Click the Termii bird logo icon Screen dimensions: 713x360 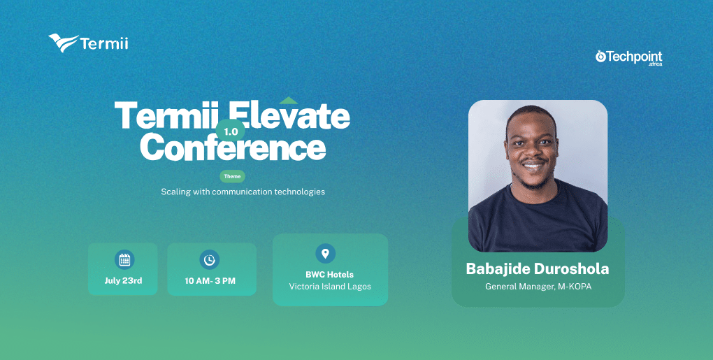(x=63, y=43)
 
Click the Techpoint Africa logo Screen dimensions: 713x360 (x=628, y=58)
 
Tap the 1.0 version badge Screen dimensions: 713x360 (x=231, y=131)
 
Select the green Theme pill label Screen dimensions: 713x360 (x=232, y=176)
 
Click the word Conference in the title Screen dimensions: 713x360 (x=233, y=147)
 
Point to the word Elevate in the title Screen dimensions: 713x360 (x=289, y=115)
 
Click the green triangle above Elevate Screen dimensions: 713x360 (x=288, y=101)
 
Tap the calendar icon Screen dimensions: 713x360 (x=124, y=259)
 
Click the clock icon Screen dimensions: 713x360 (x=209, y=259)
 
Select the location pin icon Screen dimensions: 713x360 (x=325, y=253)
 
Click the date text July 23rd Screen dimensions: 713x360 (x=123, y=280)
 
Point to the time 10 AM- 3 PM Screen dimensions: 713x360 (x=210, y=281)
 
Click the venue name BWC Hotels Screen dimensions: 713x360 (x=330, y=275)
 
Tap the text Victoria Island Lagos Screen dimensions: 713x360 (x=330, y=287)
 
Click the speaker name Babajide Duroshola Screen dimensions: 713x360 (x=538, y=268)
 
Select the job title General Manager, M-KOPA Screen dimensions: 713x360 (x=538, y=287)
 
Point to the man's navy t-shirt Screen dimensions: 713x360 (x=538, y=218)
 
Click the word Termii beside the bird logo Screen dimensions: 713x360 (x=104, y=43)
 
